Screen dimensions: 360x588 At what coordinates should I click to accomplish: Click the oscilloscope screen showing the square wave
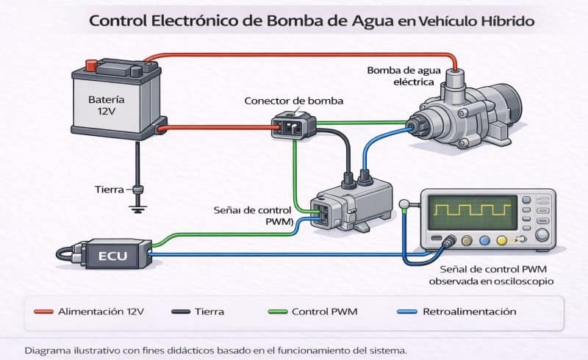(x=472, y=213)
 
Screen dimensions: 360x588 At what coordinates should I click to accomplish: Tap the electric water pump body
(x=463, y=118)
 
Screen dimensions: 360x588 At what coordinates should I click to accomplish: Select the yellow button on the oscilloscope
(x=502, y=240)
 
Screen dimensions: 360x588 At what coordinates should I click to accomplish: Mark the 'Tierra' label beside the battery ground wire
(x=109, y=189)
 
